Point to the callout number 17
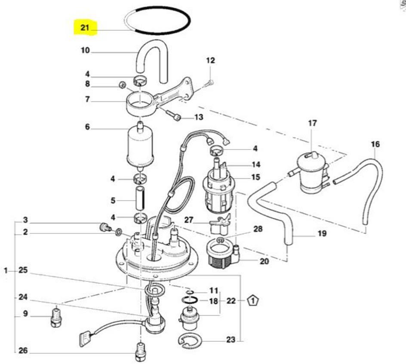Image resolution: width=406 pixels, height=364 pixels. (x=312, y=123)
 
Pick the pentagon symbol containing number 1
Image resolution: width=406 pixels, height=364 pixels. (x=254, y=301)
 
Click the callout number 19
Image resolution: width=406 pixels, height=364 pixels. (x=322, y=234)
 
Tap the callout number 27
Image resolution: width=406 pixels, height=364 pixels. (x=189, y=220)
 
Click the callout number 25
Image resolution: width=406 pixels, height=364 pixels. (x=23, y=270)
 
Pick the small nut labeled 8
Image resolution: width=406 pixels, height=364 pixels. (x=122, y=84)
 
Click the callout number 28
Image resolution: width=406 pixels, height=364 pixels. (x=258, y=229)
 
